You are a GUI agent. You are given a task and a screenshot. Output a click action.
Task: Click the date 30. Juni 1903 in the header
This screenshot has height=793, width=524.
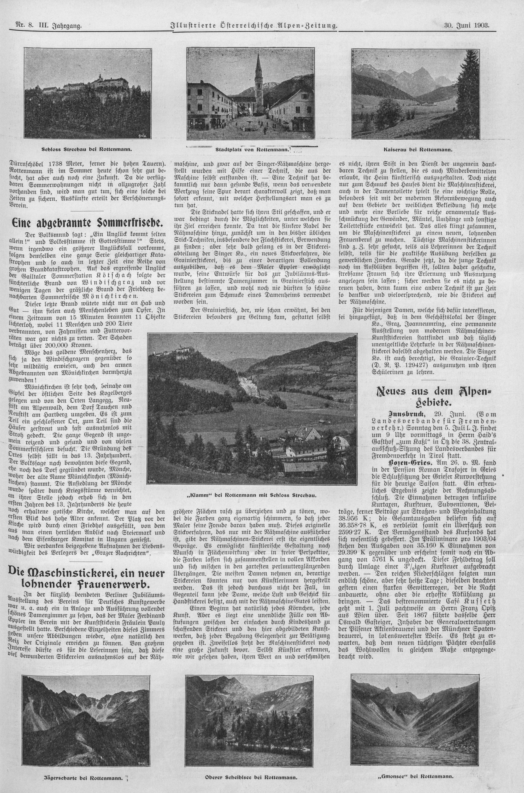click(x=466, y=25)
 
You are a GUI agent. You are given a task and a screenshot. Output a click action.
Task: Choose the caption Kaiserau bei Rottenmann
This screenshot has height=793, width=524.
click(x=418, y=150)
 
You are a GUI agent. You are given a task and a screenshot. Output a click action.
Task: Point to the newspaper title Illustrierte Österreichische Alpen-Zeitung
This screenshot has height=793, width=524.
click(x=254, y=25)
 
